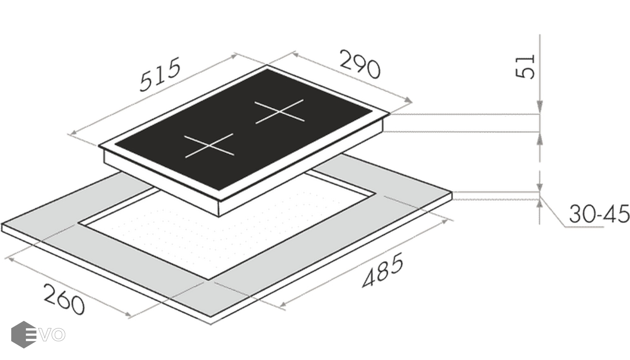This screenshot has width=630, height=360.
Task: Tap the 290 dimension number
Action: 360,68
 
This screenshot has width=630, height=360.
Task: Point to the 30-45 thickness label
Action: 599,214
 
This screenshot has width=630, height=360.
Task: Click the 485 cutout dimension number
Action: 383,270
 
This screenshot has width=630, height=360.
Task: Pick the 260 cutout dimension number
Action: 64,299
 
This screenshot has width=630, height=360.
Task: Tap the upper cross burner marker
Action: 279,112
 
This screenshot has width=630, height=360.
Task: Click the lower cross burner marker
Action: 209,146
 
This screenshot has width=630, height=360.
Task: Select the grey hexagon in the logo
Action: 24,335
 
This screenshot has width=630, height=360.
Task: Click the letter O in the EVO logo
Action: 58,335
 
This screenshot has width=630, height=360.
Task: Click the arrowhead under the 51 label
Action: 540,106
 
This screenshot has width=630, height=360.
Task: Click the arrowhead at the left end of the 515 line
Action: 72,133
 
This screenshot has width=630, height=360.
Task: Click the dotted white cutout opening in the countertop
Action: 225,230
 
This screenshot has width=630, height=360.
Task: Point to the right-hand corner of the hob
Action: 390,114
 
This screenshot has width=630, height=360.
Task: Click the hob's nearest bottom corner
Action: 219,217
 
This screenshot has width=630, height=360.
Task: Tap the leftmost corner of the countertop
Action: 2,224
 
